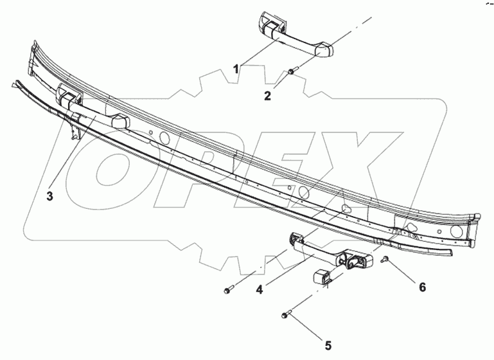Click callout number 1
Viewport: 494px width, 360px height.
click(x=237, y=67)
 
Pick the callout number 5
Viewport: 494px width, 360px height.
click(x=329, y=346)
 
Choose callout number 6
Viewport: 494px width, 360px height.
click(x=422, y=287)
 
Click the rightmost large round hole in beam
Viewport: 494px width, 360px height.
click(x=457, y=229)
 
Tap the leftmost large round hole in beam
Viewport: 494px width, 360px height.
click(x=164, y=136)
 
